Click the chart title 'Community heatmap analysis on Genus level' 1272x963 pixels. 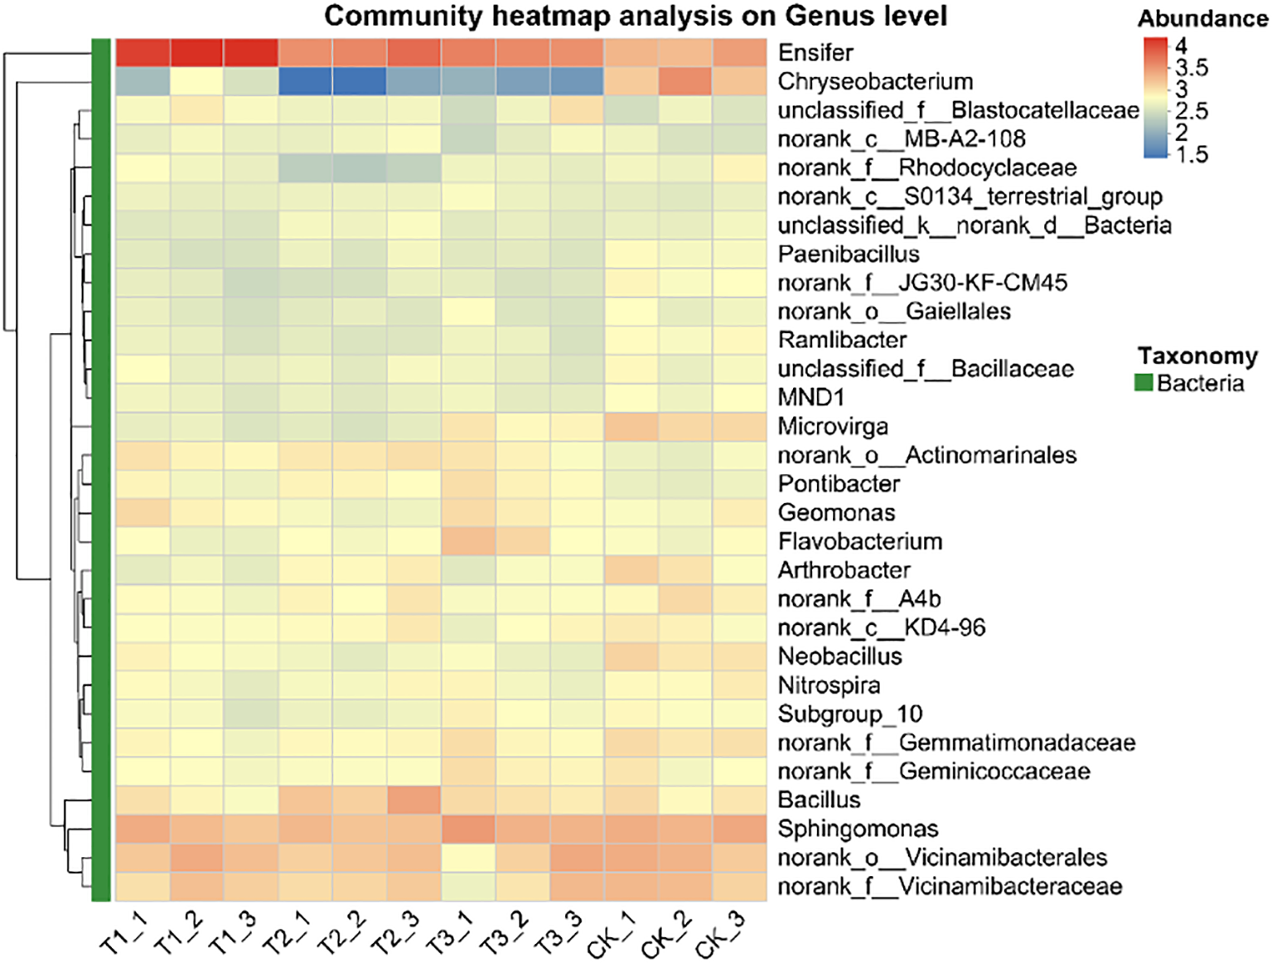[x=635, y=16]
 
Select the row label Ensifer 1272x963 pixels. [x=815, y=53]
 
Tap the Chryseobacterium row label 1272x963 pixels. [x=875, y=82]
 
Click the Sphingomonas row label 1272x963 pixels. [x=858, y=829]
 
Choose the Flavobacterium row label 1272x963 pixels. [x=860, y=542]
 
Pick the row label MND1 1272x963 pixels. [x=810, y=398]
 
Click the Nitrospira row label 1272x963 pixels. [x=829, y=685]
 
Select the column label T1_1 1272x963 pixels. [x=123, y=935]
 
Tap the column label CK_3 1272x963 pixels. [x=720, y=935]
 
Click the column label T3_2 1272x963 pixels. [x=503, y=935]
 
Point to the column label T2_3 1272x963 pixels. [x=395, y=935]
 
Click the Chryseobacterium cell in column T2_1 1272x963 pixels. [x=305, y=82]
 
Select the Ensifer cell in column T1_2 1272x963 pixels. [x=196, y=53]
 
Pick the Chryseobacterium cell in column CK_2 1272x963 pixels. [x=685, y=82]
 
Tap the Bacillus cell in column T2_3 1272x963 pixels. [x=414, y=800]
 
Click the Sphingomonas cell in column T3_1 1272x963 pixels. [x=468, y=829]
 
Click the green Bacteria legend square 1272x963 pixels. [x=1144, y=383]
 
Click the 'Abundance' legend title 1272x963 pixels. [x=1202, y=19]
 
